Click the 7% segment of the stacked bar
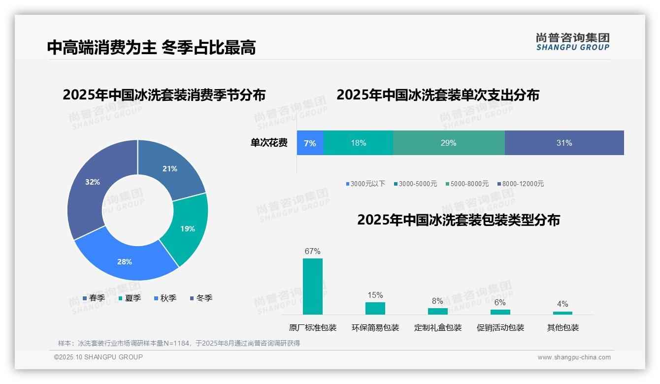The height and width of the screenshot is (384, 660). point(310,143)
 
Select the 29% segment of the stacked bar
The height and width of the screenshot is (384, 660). point(448,143)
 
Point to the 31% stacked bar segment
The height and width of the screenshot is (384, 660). point(564,143)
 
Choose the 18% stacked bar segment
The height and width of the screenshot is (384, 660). point(358,143)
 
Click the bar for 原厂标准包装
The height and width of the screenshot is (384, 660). point(312,287)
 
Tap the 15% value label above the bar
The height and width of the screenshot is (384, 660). point(375,295)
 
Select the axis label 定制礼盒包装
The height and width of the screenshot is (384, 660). point(438,328)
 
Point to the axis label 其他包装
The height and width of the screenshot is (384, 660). point(562,328)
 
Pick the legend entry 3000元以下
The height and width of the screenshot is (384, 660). point(366,184)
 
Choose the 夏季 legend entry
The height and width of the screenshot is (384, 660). point(130,298)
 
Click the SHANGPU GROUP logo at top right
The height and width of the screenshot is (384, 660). point(572,41)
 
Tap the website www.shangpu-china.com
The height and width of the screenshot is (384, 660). point(574,357)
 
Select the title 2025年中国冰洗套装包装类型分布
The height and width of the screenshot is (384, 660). point(458,220)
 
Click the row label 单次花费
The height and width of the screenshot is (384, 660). point(269,143)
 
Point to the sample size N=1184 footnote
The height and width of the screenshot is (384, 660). point(179,343)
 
